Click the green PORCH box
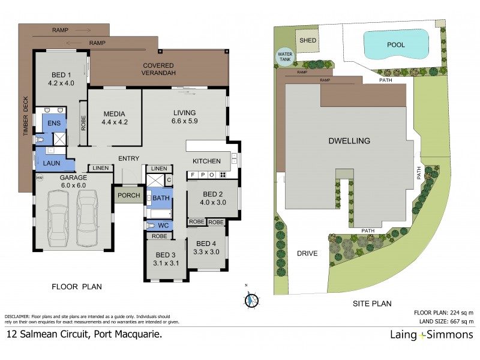(129, 195)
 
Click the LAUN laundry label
(51, 162)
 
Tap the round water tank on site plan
(284, 57)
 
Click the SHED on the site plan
(308, 41)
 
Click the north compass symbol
(252, 299)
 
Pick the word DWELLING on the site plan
(349, 141)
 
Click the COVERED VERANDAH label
(158, 69)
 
